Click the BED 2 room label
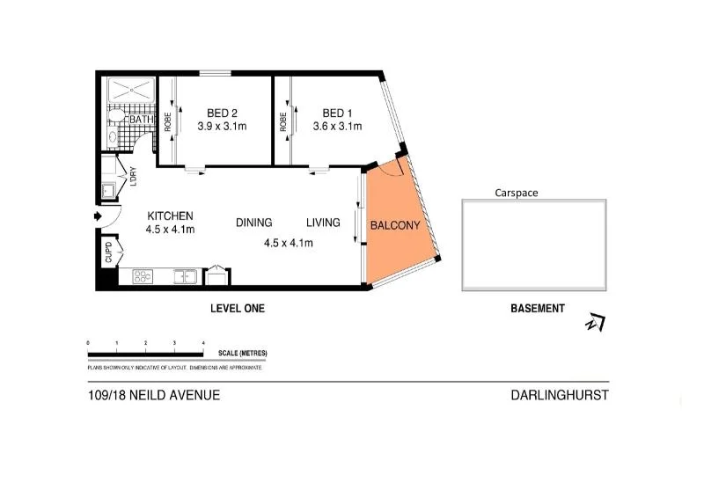click(x=222, y=113)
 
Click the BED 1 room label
click(x=337, y=113)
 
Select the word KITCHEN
click(x=170, y=216)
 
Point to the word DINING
click(x=253, y=223)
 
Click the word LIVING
click(x=323, y=223)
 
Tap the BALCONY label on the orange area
click(x=395, y=226)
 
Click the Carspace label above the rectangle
click(x=516, y=192)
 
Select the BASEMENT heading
click(x=538, y=309)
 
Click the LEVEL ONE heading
click(x=237, y=309)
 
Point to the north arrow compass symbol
click(x=596, y=323)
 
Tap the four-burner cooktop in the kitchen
click(x=143, y=277)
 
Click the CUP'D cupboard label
click(x=109, y=252)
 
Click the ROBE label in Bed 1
click(x=283, y=121)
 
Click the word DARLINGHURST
click(x=560, y=395)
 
